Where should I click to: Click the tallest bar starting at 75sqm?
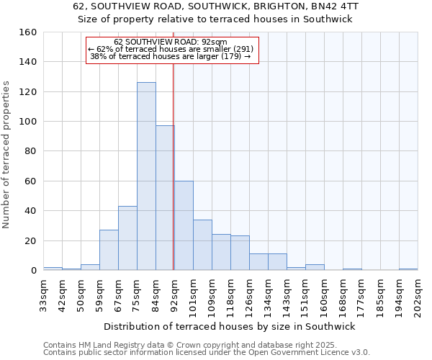click(146, 176)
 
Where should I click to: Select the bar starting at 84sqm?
click(165, 198)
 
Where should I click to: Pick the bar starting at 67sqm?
click(127, 238)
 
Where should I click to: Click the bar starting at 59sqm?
click(109, 250)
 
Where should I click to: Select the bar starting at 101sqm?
click(202, 245)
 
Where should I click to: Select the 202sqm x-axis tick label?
click(418, 294)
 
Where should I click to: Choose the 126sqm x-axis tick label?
click(249, 294)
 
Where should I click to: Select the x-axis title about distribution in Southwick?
click(230, 326)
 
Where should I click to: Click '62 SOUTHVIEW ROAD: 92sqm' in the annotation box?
click(171, 42)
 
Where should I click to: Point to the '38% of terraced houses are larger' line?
click(171, 56)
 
